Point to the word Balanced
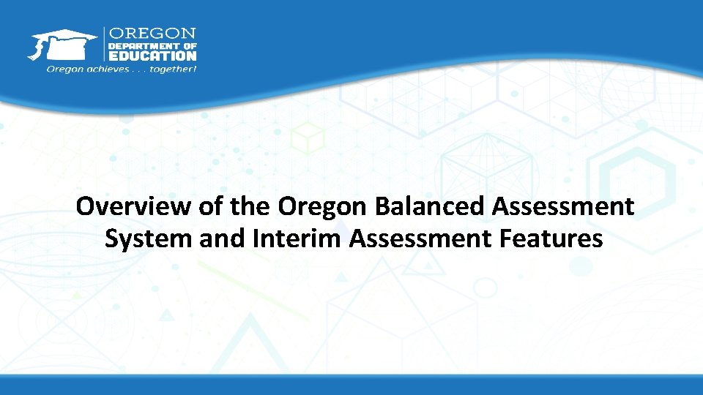pos(431,207)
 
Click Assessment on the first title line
pos(563,207)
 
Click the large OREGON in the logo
pos(153,34)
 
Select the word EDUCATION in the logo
pos(153,55)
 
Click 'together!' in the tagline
pos(174,69)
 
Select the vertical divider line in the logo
pos(105,45)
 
